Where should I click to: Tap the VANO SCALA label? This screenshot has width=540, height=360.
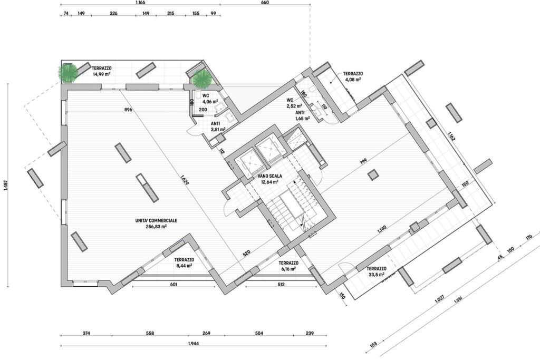270,176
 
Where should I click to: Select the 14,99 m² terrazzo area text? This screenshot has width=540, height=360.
102,74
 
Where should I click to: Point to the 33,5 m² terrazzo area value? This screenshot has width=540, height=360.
377,274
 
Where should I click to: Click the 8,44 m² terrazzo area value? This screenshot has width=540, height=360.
184,265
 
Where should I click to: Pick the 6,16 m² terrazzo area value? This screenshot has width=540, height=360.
288,269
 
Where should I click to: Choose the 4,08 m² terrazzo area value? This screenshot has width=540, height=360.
353,79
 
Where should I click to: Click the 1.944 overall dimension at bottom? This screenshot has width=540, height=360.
194,343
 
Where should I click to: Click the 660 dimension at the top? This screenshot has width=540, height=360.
265,3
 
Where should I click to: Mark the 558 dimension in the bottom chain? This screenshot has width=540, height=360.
150,333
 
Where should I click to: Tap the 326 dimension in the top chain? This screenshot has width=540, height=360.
113,13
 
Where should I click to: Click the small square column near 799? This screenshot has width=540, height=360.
372,175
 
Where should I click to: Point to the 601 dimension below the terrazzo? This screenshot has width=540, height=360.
173,285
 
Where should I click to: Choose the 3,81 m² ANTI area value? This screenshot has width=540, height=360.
218,130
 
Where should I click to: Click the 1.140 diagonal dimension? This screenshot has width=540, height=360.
382,229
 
